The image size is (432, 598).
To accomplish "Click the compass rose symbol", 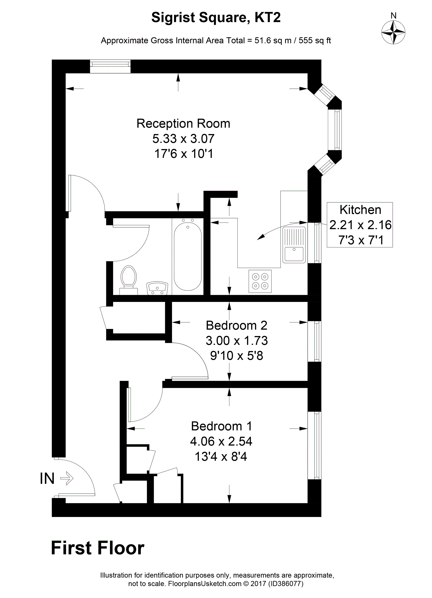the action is coord(393,32).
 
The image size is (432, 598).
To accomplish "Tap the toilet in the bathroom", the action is coord(129,280).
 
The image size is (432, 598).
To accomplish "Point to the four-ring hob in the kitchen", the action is coord(260,281).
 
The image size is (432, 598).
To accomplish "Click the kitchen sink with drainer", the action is coord(294,245).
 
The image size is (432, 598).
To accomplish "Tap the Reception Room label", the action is coord(183,123).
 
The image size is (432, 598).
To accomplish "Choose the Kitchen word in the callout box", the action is coord(360,210).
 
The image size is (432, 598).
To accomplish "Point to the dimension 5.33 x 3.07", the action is coord(183,139).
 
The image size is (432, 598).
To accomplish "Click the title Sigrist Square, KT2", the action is coord(216,18).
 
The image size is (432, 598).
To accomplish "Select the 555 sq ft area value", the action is coord(315,41).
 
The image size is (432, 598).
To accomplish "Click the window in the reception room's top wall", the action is coord(110,67).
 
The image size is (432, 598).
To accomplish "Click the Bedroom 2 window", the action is coord(314,341).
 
